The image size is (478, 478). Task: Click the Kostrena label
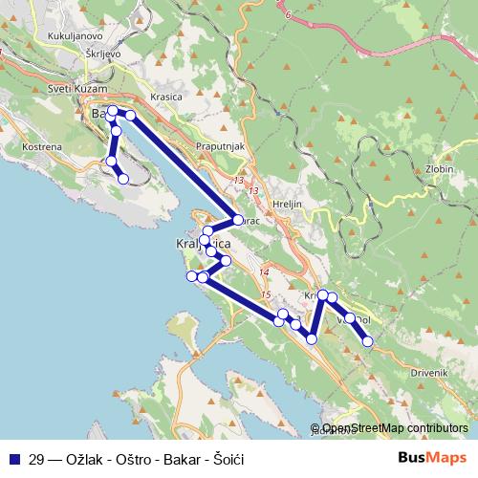click(42, 146)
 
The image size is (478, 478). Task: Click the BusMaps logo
click(432, 458)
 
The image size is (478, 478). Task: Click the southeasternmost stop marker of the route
click(367, 341)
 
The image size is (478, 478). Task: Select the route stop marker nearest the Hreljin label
click(238, 219)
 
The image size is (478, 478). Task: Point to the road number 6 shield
click(285, 16)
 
